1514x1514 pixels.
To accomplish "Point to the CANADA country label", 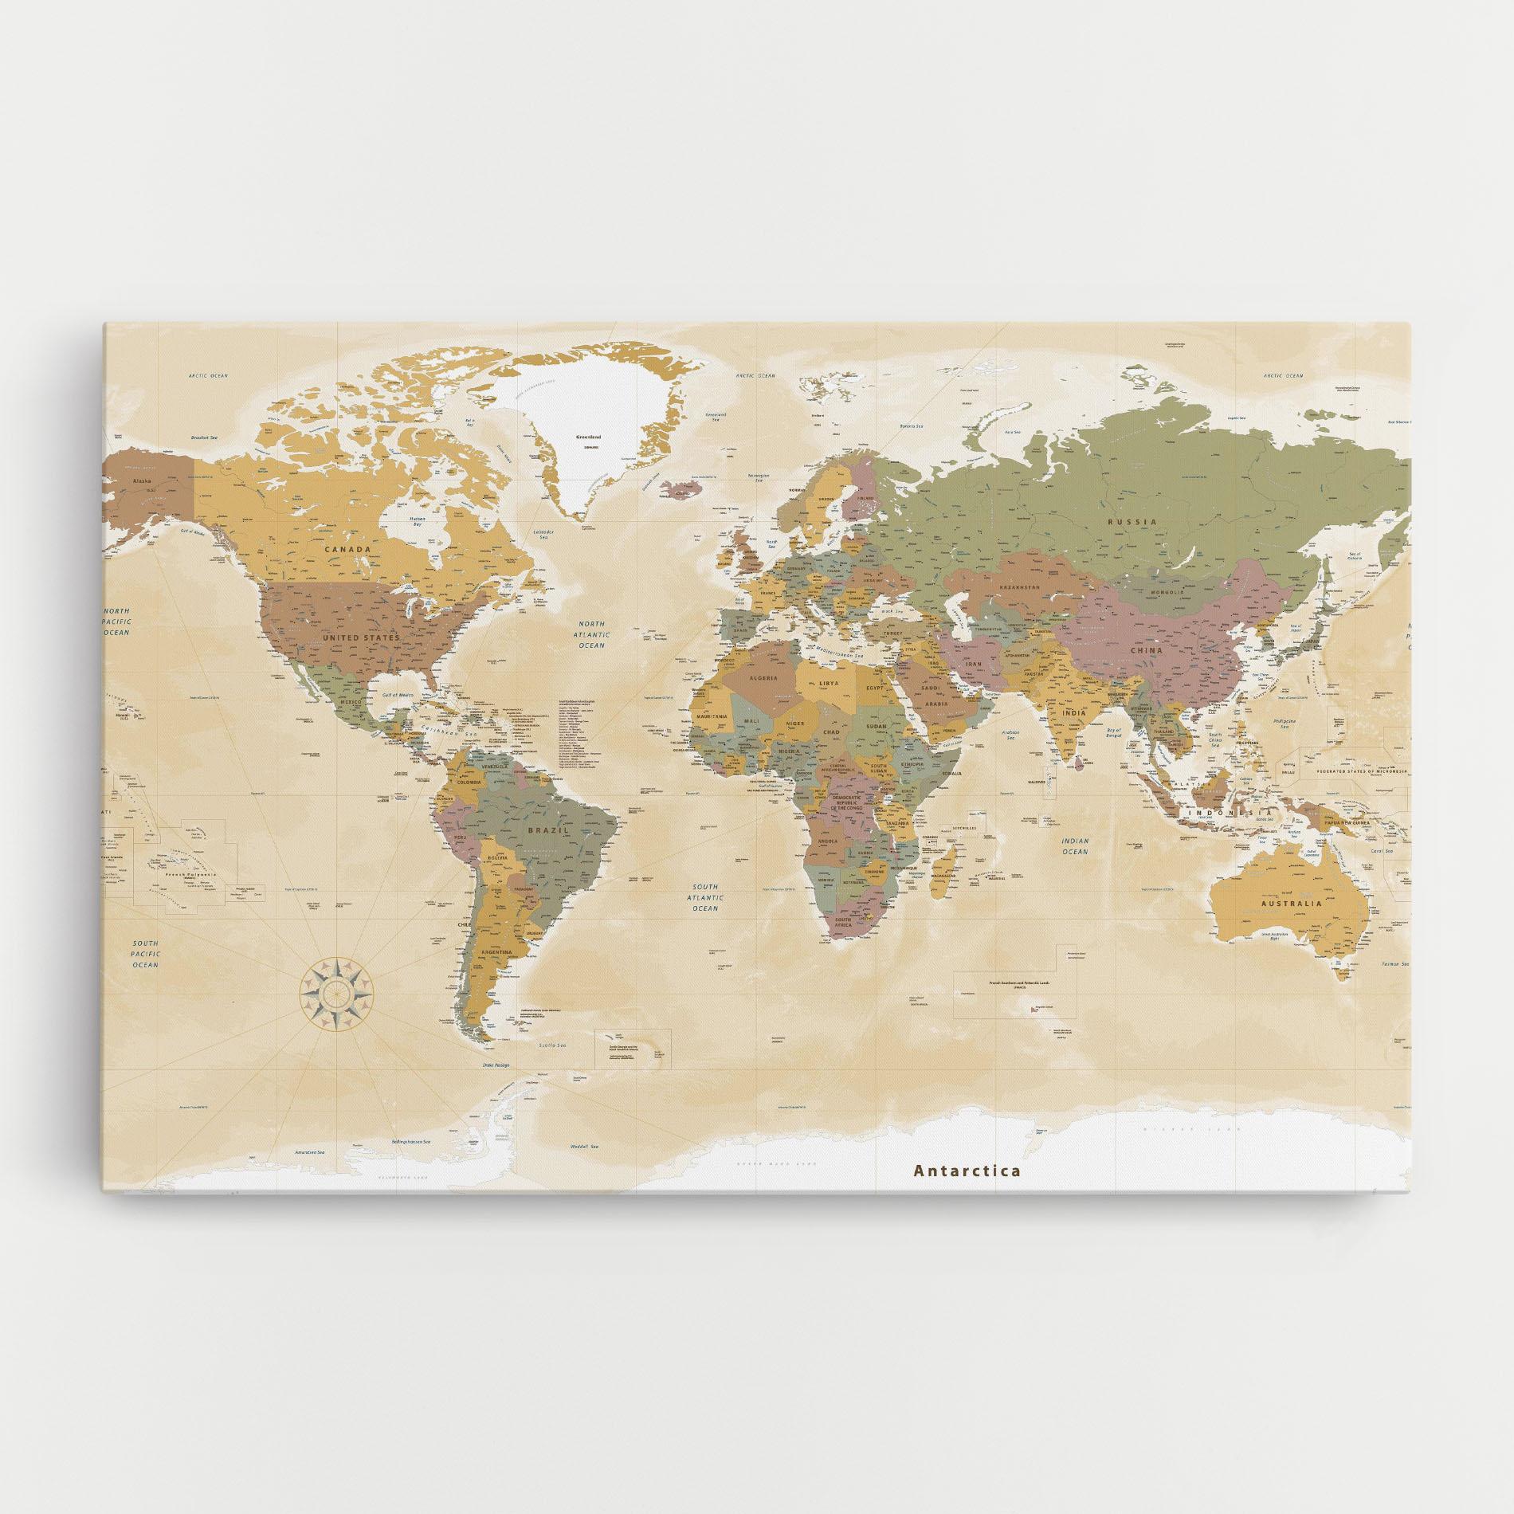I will pos(347,549).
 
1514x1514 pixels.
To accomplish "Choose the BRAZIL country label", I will pos(547,830).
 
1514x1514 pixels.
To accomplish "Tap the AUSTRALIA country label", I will pos(1291,904).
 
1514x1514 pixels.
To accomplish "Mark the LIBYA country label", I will pos(830,684).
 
